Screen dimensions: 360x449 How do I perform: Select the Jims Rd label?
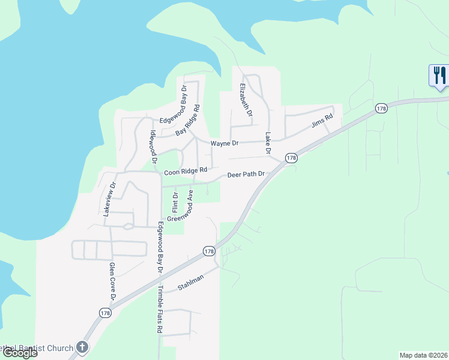pos(322,121)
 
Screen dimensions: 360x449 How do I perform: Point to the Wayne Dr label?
pos(224,143)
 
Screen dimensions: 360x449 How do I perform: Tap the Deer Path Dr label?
pos(246,175)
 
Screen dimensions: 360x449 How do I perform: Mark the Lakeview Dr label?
pos(108,199)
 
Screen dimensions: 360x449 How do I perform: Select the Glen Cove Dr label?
pos(112,281)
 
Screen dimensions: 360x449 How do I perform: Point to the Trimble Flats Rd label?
pos(160,309)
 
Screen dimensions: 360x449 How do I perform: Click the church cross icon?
pos(83,347)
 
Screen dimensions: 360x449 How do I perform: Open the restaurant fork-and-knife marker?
pos(439,76)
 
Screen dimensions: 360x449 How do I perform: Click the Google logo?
pos(20,353)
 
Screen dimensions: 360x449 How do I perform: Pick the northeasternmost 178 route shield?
pos(381,108)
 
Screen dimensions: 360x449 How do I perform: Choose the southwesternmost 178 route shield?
pos(106,313)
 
